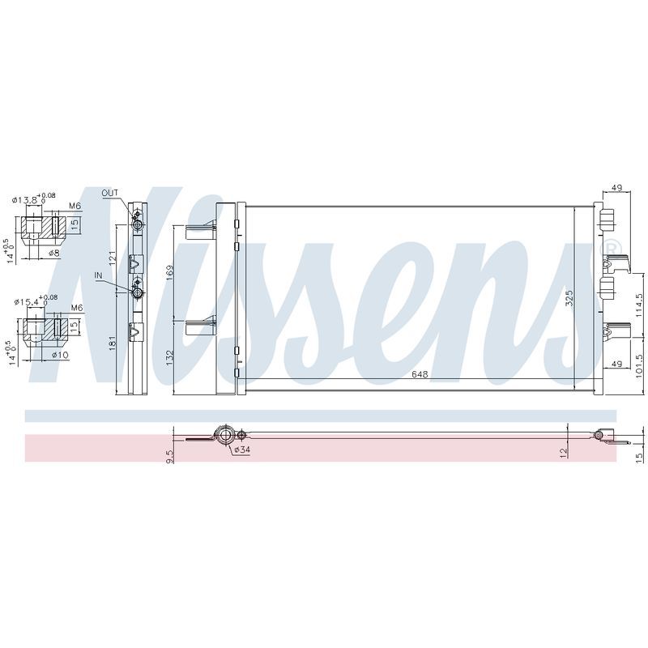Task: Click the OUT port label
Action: pos(110,193)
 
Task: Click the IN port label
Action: pos(98,275)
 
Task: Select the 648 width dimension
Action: pos(420,374)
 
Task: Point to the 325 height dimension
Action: pos(569,298)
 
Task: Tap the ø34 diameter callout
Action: pos(241,450)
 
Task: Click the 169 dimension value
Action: pos(170,273)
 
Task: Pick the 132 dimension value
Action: pos(170,358)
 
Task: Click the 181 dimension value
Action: pos(113,343)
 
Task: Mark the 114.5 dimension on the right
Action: pos(640,305)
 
